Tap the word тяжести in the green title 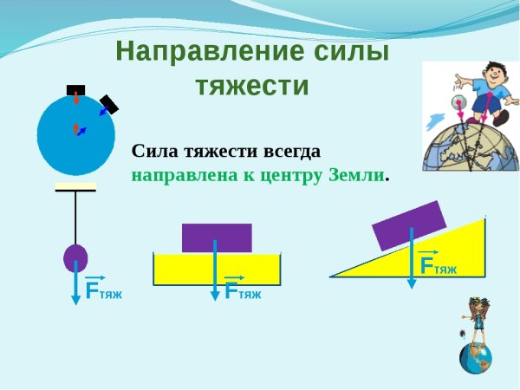point(252,87)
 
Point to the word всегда point(290,151)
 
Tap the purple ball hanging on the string point(76,257)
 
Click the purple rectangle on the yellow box point(217,237)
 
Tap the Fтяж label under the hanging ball point(103,292)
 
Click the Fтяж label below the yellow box point(243,292)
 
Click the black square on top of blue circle point(76,89)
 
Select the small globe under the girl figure point(476,356)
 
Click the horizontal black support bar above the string point(76,188)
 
